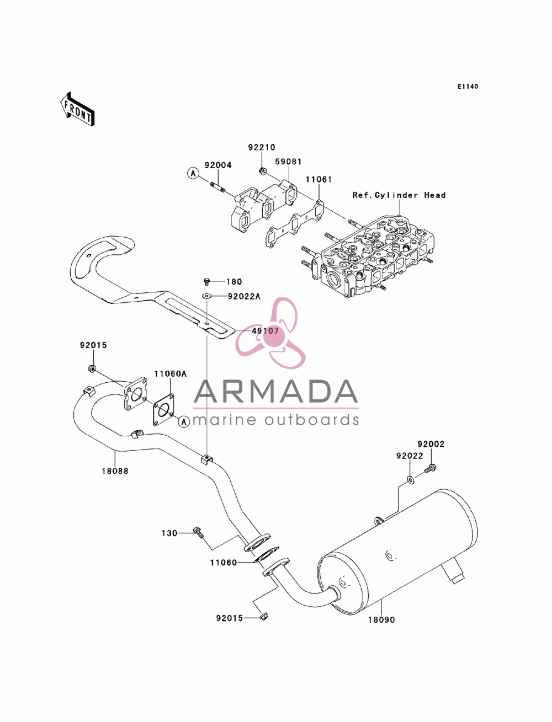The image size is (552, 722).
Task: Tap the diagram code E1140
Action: [468, 87]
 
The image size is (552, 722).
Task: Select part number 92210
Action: [261, 147]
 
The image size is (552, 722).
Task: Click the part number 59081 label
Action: [288, 162]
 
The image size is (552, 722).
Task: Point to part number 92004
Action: [218, 165]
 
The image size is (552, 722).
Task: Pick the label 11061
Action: [319, 180]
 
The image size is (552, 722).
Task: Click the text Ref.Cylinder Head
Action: [399, 195]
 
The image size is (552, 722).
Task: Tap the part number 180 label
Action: [234, 281]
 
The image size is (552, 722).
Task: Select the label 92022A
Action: [244, 296]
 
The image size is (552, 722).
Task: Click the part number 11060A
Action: [170, 374]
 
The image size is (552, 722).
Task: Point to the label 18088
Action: [115, 471]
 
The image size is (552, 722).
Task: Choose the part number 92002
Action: [431, 444]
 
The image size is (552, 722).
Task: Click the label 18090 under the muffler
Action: [381, 620]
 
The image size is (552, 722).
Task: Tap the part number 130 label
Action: [169, 533]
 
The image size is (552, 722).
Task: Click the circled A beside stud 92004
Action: [193, 173]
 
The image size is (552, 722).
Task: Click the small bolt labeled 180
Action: [206, 281]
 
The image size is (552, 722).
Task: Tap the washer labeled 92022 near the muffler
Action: [410, 480]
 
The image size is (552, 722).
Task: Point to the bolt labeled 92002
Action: [429, 469]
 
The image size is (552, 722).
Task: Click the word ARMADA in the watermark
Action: [275, 392]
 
